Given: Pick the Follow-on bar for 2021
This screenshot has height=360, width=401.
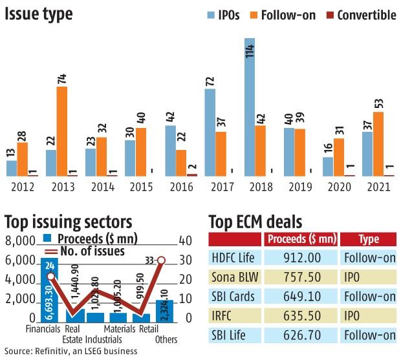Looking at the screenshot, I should pos(378,143).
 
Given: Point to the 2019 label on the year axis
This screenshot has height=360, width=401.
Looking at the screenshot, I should pos(298,188).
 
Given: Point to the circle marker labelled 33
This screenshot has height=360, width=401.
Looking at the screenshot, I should pos(161,260).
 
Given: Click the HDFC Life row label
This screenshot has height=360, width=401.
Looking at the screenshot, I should pos(233,258).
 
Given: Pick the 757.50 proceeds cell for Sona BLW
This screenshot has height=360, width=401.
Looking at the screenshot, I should pos(301,277).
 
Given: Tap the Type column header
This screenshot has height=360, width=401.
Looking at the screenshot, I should pos(369,239).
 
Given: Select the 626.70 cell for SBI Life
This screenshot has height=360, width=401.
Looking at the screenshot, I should pos(301,335).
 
